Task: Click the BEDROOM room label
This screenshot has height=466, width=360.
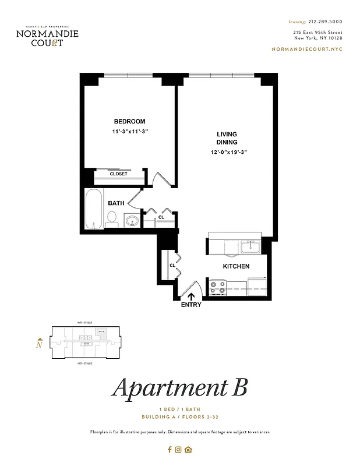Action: [x=129, y=121]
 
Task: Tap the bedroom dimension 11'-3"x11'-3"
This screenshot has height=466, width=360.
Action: [x=130, y=132]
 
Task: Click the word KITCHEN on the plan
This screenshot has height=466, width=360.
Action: [x=236, y=266]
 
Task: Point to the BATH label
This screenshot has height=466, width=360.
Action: [x=116, y=203]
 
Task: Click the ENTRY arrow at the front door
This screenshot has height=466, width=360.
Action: [x=192, y=296]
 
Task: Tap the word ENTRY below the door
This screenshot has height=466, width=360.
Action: [x=191, y=305]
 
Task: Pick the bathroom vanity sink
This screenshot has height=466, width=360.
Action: [x=132, y=221]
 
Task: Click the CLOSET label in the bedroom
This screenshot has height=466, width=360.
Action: [x=118, y=174]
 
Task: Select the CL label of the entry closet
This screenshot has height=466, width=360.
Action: [x=172, y=265]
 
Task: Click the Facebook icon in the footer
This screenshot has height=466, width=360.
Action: [x=170, y=449]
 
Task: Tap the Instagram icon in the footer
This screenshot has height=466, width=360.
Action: [x=179, y=449]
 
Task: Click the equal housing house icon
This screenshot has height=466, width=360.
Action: [x=188, y=449]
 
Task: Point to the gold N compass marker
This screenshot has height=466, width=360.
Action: [x=39, y=344]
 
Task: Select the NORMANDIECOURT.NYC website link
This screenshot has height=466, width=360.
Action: [x=307, y=49]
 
